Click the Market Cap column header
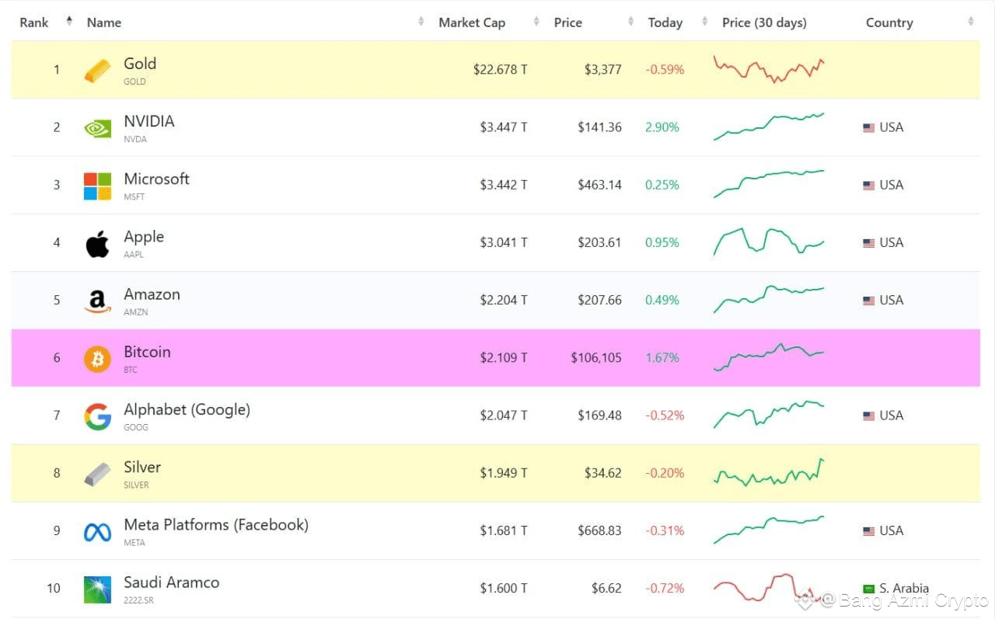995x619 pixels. pos(472,23)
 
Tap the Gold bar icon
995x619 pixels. pos(97,71)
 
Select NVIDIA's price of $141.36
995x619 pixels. pos(599,127)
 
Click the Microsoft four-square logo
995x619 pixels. pos(97,186)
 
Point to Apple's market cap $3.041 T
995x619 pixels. pos(503,243)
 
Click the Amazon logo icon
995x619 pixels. pos(97,301)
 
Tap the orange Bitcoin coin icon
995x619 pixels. pos(97,359)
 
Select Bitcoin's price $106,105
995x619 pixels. pos(596,357)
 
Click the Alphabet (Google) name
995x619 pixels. pos(187,409)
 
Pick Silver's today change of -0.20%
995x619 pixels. pos(665,473)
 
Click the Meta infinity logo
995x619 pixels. pos(97,532)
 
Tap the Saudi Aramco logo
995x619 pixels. pos(97,589)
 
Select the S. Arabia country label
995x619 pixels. pos(903,589)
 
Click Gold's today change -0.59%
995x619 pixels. pos(665,70)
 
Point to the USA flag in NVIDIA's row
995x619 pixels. pos(868,128)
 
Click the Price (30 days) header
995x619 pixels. pos(764,23)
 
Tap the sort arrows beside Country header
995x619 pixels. pos(971,21)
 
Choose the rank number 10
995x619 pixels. pos(54,589)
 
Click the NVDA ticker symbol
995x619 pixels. pos(135,139)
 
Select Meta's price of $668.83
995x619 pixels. pos(599,530)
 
